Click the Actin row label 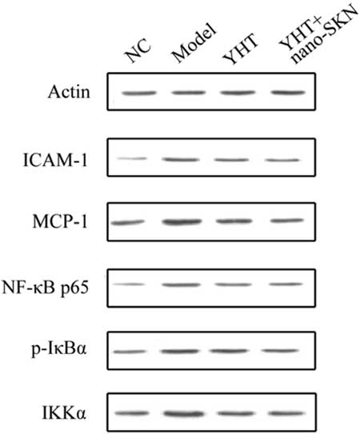[69, 92]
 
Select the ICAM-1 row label [55, 160]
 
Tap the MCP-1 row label [60, 221]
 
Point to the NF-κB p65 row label [46, 288]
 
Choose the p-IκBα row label [59, 349]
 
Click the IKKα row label [64, 413]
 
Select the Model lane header [194, 42]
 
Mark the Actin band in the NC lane [139, 94]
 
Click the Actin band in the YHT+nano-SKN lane [288, 93]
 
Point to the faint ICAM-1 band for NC [132, 158]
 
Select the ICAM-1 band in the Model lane [181, 160]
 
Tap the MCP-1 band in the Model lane [182, 222]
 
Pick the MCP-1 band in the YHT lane [234, 221]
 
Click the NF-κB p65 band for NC [129, 285]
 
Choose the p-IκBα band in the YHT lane [230, 351]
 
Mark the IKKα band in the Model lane [183, 414]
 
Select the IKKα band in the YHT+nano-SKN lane [286, 413]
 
